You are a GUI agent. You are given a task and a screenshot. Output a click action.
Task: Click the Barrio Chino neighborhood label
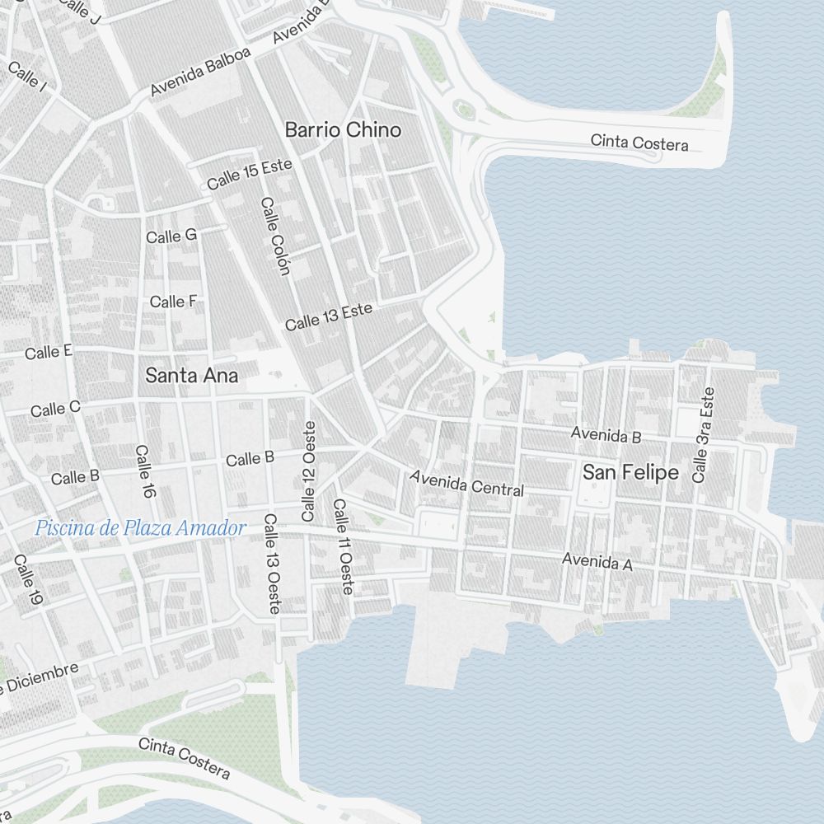(343, 130)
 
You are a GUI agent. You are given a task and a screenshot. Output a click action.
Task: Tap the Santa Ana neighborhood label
(191, 376)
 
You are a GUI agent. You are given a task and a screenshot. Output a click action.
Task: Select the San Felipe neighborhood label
(630, 473)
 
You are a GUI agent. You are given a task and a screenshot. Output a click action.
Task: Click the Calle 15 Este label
(250, 174)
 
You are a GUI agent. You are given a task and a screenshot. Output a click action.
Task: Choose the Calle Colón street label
(275, 236)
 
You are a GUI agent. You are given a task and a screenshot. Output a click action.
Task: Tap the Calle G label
(171, 236)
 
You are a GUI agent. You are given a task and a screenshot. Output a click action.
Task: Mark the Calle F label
(173, 302)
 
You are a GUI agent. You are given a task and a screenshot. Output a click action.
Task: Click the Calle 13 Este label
(329, 316)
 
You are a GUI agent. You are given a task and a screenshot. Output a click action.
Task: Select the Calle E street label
(49, 353)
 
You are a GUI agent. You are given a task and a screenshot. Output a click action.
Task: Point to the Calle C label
(55, 409)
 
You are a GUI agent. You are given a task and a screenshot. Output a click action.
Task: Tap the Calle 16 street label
(145, 472)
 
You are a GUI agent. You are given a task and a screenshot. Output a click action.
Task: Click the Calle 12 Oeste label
(309, 471)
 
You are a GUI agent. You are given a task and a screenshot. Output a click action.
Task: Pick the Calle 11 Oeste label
(343, 546)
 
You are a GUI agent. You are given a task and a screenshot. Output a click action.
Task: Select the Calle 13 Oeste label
(272, 564)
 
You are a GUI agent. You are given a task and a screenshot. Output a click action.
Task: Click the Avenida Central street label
(466, 483)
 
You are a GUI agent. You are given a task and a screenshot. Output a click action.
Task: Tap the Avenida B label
(606, 434)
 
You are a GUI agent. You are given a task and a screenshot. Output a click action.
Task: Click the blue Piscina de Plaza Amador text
(141, 528)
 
